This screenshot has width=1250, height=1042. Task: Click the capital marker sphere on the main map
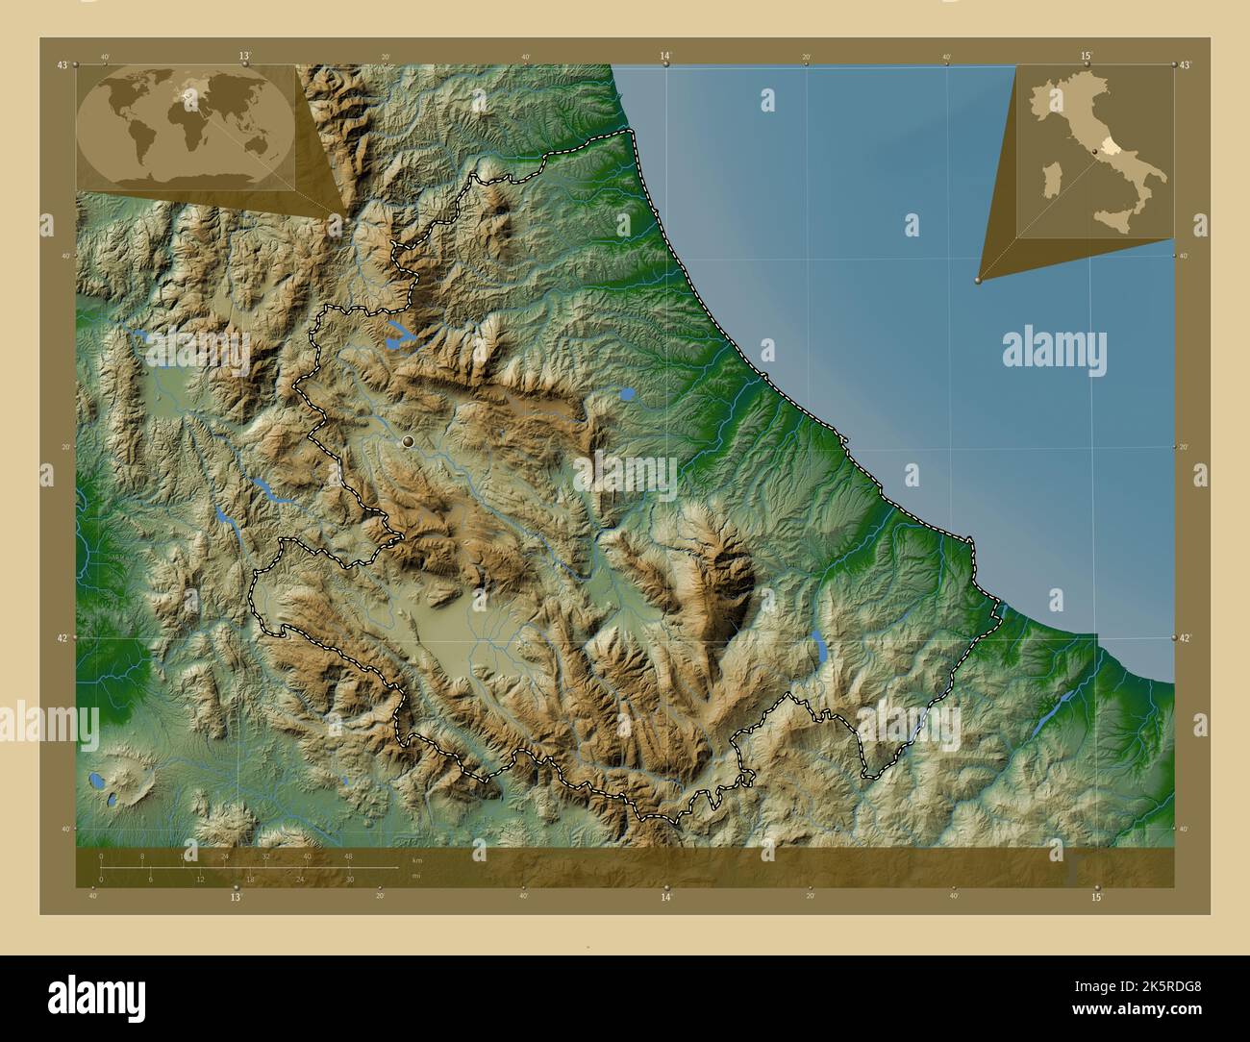click(x=409, y=441)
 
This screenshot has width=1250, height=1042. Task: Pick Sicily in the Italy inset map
click(x=1122, y=220)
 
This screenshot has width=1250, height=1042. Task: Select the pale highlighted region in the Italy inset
click(x=1109, y=144)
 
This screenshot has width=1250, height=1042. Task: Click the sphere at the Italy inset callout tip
click(x=978, y=280)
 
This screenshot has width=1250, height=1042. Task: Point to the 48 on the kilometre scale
click(x=348, y=856)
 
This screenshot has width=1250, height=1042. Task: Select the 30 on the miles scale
click(x=350, y=880)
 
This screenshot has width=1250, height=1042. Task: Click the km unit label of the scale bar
click(x=416, y=859)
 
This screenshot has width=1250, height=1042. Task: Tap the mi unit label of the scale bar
click(x=416, y=876)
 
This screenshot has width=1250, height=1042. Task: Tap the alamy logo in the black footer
click(x=96, y=994)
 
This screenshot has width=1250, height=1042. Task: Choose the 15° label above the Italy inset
click(x=1086, y=56)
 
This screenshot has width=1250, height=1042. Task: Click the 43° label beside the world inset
click(x=62, y=64)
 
